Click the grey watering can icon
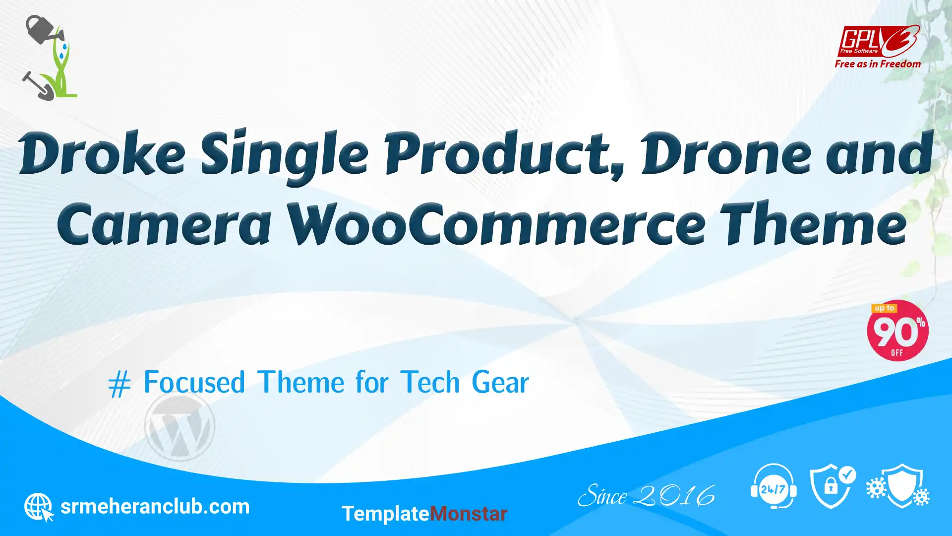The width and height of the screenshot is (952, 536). [x=44, y=29]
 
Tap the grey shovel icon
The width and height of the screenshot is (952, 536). [x=38, y=86]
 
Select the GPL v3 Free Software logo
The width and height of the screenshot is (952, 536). [x=878, y=41]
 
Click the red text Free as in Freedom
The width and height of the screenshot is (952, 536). [x=878, y=64]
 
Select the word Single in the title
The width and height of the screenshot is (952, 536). [x=285, y=157]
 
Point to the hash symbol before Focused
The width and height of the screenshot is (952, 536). [x=119, y=384]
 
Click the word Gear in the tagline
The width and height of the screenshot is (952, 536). [x=500, y=383]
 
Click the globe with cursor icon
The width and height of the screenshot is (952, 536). [x=39, y=507]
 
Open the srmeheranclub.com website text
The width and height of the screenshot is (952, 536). [x=155, y=507]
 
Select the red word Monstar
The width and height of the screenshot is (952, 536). [x=468, y=514]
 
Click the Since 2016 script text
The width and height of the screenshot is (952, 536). [x=647, y=496]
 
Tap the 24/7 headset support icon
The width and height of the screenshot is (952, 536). [x=773, y=486]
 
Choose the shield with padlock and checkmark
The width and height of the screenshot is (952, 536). [x=833, y=486]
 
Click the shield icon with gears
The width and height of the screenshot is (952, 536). [x=898, y=486]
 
